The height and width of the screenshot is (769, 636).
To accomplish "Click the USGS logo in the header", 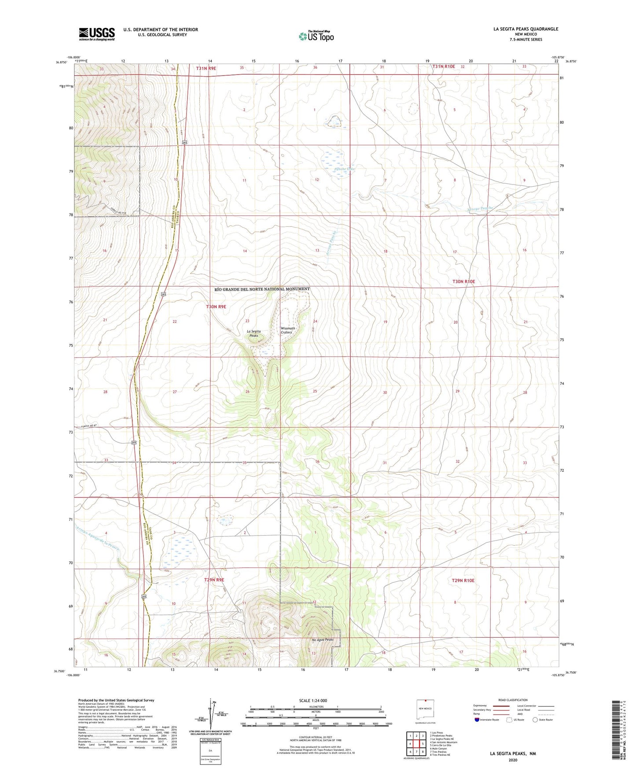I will pos(97,33).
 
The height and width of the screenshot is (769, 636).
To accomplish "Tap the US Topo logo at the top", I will pos(316,36).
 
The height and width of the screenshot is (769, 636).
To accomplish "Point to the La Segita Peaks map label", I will pos(254,333).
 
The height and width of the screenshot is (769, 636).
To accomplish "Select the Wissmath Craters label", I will pos(288,330).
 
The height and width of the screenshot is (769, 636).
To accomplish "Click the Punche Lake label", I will pos(344,169).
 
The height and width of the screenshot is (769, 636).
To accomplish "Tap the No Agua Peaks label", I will pos(322,640).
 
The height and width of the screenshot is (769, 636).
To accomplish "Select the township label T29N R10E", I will pos(463,580).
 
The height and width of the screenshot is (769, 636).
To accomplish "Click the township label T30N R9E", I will pos(216,307).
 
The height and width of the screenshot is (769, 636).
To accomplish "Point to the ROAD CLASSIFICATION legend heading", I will pos(513,700).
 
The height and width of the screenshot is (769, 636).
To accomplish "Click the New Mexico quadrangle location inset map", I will pos(425,710).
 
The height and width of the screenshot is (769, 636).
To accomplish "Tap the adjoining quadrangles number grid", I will pos(416,744).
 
